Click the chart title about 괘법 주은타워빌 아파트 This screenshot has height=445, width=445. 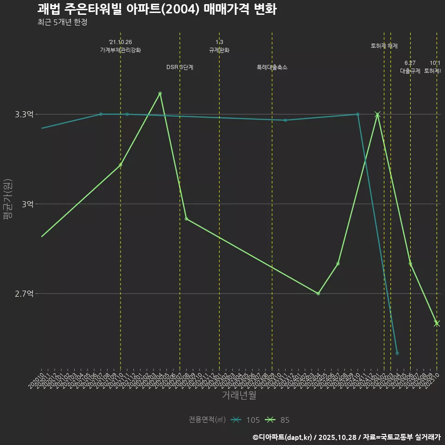coord(157,9)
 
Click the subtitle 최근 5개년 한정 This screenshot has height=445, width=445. coord(62,22)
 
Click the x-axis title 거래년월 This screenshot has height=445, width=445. coord(239,395)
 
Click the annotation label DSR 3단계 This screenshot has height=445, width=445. coord(180,67)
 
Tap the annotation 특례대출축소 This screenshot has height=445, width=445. coord(272,67)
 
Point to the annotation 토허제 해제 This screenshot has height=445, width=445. coord(384,46)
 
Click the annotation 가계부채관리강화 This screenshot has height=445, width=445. coord(121,50)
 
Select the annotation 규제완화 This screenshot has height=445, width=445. coord(219,50)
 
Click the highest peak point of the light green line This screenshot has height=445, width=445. coord(160,93)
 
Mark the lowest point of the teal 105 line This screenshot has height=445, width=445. coord(397,354)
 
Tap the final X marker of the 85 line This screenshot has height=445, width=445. coord(437,323)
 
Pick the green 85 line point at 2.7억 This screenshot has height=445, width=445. coord(318,294)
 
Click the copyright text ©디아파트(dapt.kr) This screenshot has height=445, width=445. coord(283,437)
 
